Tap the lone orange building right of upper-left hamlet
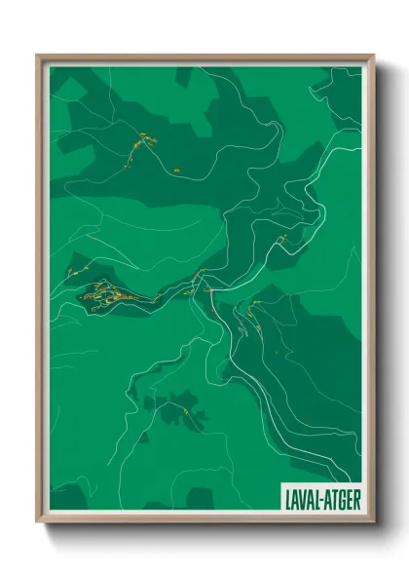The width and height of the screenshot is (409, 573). (178, 171)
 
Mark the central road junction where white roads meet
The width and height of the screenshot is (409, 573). (207, 290)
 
